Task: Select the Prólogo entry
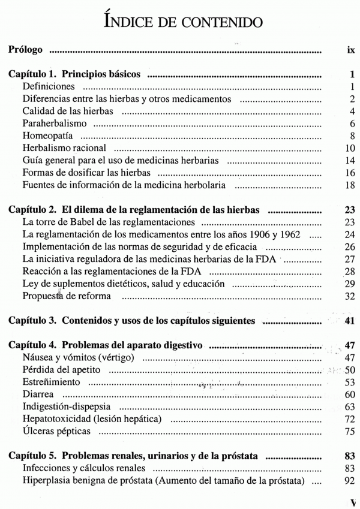point(26,50)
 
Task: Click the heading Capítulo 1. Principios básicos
point(74,75)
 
